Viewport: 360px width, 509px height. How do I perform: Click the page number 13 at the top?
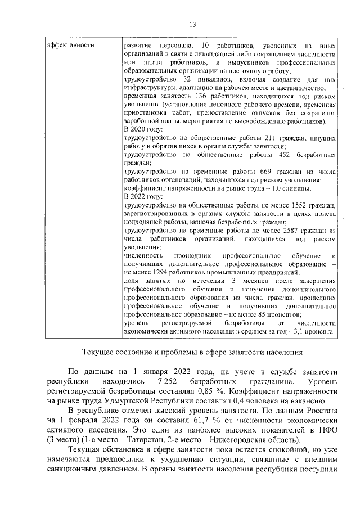pos(192,24)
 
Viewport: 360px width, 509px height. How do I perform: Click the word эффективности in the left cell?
pos(70,44)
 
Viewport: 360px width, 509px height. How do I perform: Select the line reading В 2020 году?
pos(143,129)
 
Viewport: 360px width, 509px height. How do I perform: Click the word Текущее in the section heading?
pos(100,353)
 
